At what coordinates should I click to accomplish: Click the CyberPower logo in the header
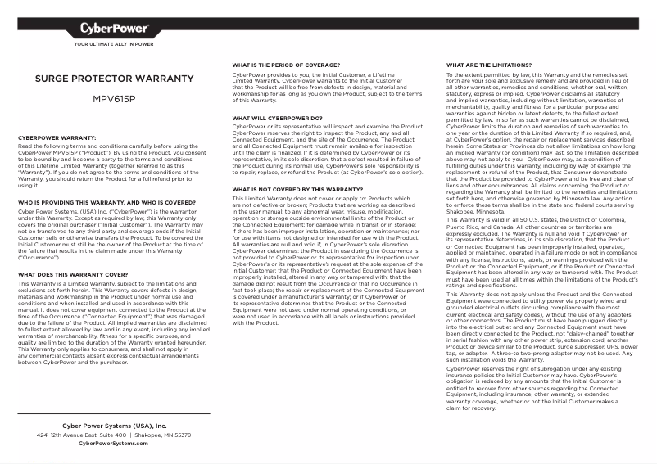pyautogui.click(x=114, y=29)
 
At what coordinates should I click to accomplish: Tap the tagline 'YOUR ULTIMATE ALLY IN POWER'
pyautogui.click(x=114, y=45)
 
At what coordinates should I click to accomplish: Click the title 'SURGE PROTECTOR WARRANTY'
pyautogui.click(x=114, y=79)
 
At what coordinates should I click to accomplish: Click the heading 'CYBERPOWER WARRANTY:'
pyautogui.click(x=57, y=137)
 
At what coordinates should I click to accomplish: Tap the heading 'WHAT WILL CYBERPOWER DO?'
pyautogui.click(x=277, y=118)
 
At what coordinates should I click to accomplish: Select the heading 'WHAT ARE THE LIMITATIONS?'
pyautogui.click(x=488, y=64)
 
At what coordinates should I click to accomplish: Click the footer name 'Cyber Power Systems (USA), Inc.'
pyautogui.click(x=114, y=426)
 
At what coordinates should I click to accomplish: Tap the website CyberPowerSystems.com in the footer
pyautogui.click(x=114, y=443)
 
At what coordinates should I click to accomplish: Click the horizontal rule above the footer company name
pyautogui.click(x=114, y=413)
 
